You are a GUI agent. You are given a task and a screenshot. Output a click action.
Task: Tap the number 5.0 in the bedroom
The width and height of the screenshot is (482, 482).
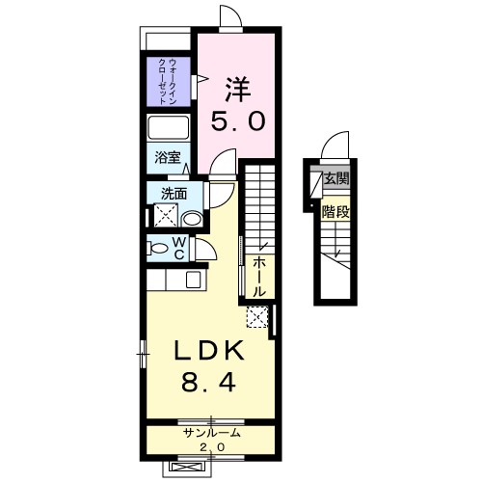pyautogui.click(x=237, y=122)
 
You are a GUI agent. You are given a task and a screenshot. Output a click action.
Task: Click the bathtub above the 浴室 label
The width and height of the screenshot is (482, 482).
pyautogui.click(x=171, y=129)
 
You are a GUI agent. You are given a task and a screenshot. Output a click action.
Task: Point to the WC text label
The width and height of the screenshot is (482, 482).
pyautogui.click(x=179, y=248)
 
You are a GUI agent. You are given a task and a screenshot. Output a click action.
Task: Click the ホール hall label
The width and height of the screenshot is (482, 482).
pyautogui.click(x=259, y=276)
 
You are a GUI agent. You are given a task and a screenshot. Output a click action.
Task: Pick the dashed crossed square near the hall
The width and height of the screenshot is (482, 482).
pyautogui.click(x=256, y=315)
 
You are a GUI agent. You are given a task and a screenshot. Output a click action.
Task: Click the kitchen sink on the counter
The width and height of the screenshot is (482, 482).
pyautogui.click(x=194, y=281)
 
